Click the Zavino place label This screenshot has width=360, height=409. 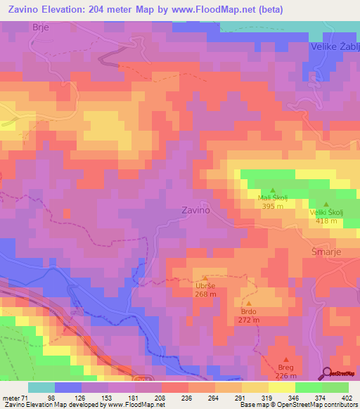[x=196, y=209]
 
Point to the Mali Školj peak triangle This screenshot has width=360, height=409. [x=272, y=190]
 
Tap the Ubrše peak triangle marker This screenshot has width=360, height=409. [x=205, y=278]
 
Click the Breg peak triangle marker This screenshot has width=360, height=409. [x=285, y=359]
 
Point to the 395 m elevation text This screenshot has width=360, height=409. [x=272, y=207]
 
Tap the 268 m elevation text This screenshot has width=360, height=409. [x=205, y=294]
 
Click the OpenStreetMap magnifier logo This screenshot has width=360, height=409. [x=326, y=373]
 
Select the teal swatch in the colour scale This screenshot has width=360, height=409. [x=41, y=387]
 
